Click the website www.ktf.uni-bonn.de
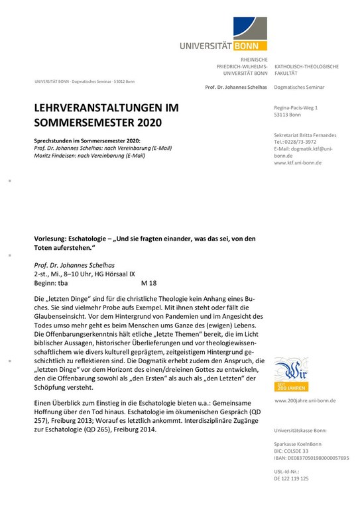[298, 162]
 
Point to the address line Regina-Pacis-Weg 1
[296, 107]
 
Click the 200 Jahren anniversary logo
[290, 374]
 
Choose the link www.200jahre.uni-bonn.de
[305, 400]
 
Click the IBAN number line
[311, 458]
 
